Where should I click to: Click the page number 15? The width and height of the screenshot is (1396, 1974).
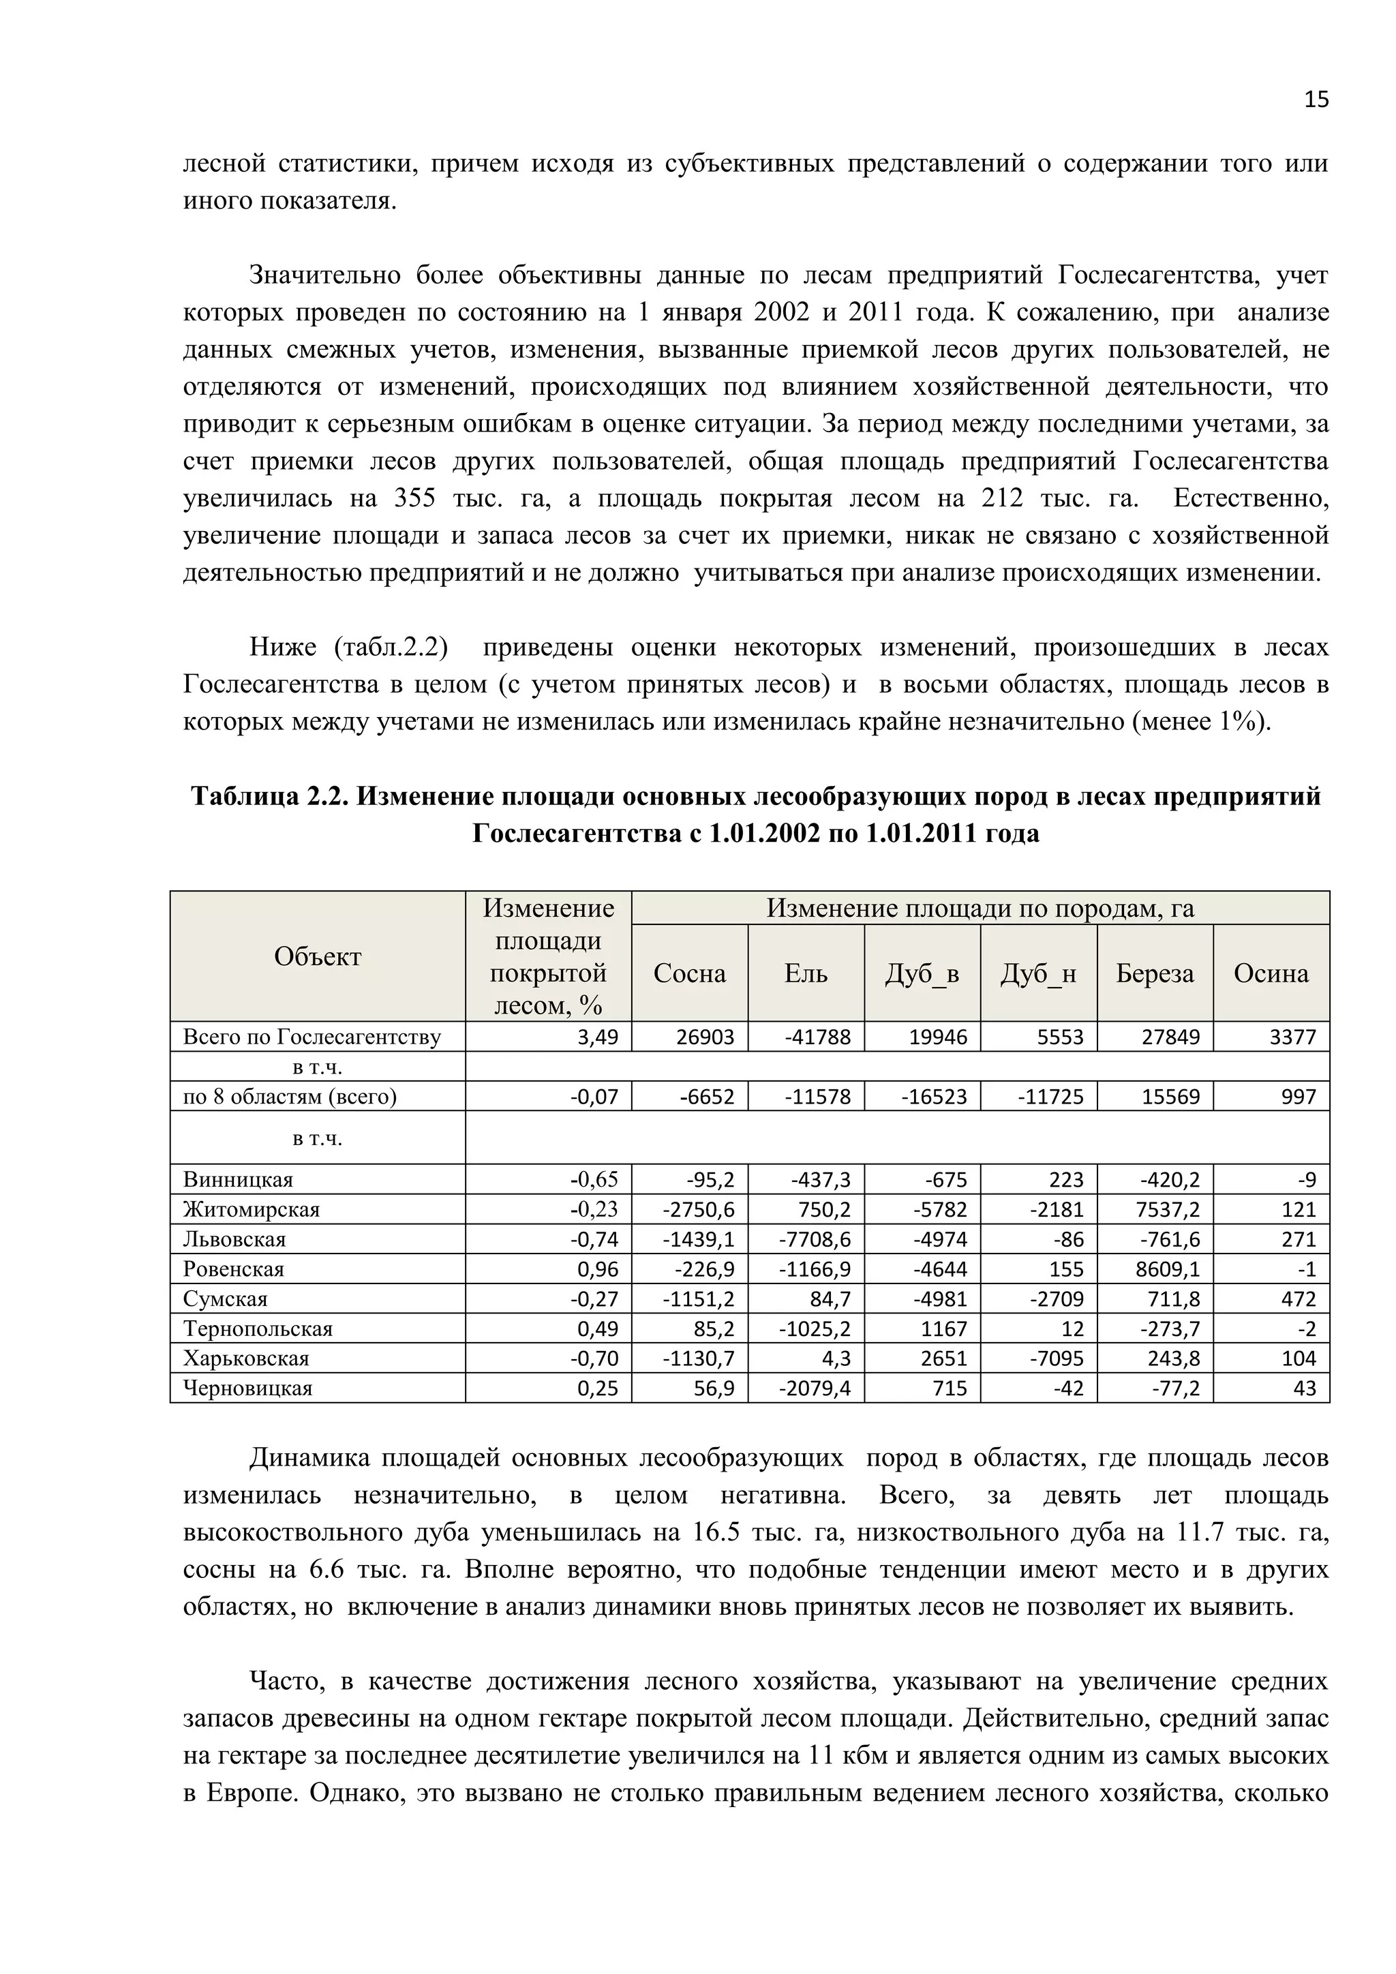[x=1316, y=100]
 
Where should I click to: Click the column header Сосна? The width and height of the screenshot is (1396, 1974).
[x=689, y=973]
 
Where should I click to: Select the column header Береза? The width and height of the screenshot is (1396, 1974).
[x=1155, y=973]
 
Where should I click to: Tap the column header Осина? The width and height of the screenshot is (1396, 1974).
[x=1271, y=973]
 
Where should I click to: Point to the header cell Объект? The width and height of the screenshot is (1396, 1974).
[x=317, y=956]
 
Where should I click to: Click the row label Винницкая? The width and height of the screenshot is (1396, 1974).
[x=238, y=1180]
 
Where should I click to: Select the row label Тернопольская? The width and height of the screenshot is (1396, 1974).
[x=258, y=1328]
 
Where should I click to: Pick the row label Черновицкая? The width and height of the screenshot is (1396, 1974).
[x=247, y=1388]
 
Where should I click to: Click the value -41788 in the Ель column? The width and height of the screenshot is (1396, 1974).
[x=817, y=1037]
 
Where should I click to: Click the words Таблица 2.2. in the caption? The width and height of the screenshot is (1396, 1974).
[x=270, y=796]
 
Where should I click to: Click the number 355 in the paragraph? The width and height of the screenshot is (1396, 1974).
[x=414, y=499]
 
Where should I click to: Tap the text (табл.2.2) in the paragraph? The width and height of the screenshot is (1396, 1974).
[x=391, y=648]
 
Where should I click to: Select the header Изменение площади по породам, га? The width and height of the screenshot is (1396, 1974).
[x=980, y=908]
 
